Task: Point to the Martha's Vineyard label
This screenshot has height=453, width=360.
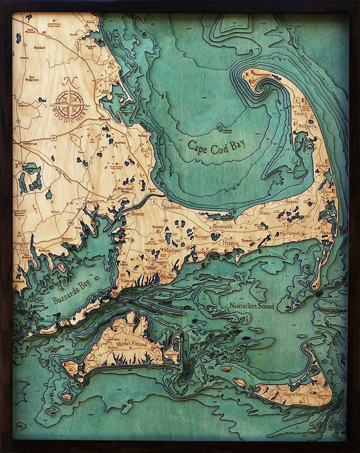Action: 129,346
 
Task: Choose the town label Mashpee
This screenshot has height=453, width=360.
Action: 172,250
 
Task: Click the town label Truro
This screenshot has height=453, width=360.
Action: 299,114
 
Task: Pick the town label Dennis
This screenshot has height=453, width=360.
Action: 265,212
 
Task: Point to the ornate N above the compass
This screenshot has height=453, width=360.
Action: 70,82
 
